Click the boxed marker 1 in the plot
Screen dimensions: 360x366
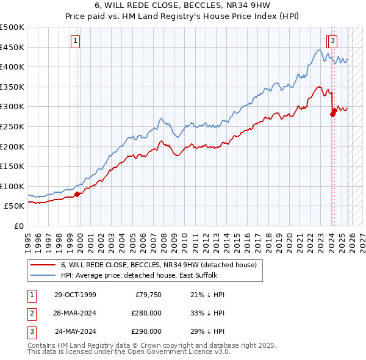coord(75,41)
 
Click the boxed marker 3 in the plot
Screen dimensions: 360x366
coord(333,41)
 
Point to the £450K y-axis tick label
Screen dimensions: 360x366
coord(12,47)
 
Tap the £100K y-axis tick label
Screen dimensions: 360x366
coord(12,186)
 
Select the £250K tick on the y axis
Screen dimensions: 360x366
coord(12,126)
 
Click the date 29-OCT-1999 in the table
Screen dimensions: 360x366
coord(75,295)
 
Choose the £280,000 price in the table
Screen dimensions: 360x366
coord(146,313)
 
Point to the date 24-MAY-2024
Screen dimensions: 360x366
coord(76,331)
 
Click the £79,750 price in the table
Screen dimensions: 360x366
coord(148,295)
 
